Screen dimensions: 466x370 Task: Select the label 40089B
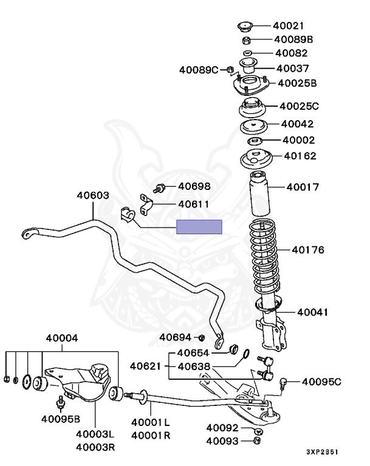click(292, 39)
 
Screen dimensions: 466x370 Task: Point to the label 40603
click(93, 195)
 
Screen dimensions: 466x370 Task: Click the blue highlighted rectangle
click(199, 227)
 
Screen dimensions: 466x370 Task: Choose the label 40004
click(61, 338)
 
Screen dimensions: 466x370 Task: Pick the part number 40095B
click(61, 418)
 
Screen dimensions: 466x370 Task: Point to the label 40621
click(145, 366)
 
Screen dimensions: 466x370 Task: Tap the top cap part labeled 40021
click(244, 26)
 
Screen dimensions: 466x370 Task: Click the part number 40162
click(300, 156)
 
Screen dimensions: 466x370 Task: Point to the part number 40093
click(222, 441)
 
